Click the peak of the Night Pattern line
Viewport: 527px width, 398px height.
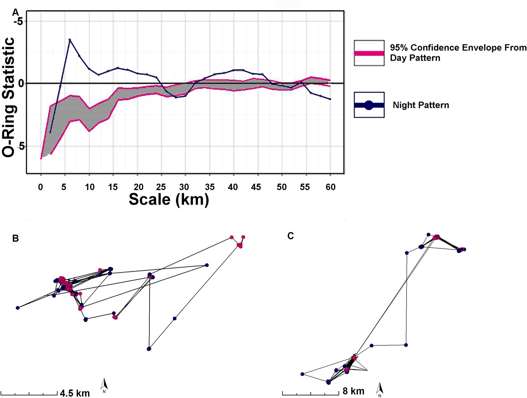[x=70, y=40]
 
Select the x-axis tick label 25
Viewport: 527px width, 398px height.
[x=161, y=187]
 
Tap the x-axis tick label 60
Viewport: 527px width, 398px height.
[x=330, y=187]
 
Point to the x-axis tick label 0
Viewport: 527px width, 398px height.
[x=41, y=187]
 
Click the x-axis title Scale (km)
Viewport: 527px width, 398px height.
[x=169, y=199]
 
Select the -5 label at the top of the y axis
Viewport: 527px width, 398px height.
[x=18, y=21]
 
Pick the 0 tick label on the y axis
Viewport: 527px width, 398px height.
[x=21, y=84]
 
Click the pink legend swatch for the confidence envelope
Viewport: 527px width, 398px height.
[x=369, y=53]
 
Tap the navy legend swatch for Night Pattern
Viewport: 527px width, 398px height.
[x=369, y=105]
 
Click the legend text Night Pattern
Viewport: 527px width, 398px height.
[x=421, y=105]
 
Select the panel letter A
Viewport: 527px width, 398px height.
[x=15, y=13]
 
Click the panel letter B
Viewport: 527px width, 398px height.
[x=15, y=239]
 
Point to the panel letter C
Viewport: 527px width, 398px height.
[x=290, y=236]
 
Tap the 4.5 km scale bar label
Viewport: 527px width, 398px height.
[x=74, y=393]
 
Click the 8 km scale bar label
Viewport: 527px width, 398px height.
[x=353, y=391]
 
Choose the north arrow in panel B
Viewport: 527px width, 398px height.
[x=104, y=385]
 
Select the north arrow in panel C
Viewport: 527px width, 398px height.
[x=379, y=389]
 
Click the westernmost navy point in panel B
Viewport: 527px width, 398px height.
[x=18, y=308]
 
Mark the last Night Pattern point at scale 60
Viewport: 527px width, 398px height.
[x=330, y=99]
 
